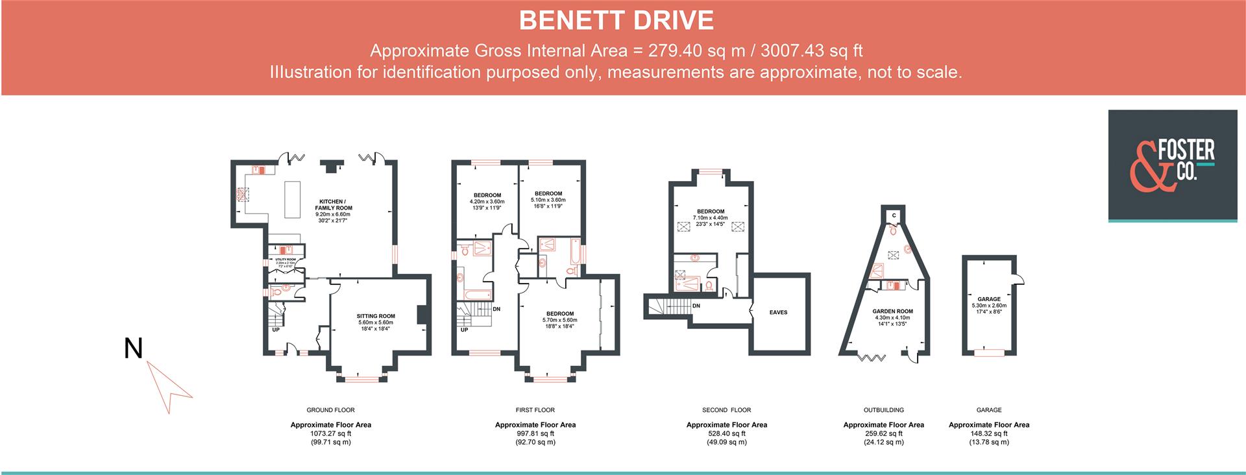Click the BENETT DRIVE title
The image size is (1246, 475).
click(616, 21)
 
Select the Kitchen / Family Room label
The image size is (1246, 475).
click(334, 204)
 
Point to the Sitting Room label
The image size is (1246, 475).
click(376, 317)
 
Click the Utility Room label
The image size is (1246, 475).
click(286, 260)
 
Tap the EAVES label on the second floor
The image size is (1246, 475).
click(778, 313)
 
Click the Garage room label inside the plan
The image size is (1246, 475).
click(989, 300)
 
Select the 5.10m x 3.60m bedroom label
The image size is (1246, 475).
click(548, 194)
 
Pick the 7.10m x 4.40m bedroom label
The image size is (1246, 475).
click(711, 212)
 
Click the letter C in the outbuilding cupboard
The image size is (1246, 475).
click(894, 215)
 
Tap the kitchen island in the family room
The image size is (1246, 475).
click(293, 200)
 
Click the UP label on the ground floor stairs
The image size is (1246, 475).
click(276, 330)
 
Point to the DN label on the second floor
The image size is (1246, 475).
click(696, 306)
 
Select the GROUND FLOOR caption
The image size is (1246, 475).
click(330, 410)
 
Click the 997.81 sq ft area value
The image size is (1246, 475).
click(535, 433)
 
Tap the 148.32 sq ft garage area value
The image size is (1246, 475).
click(988, 433)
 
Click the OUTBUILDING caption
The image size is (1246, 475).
click(883, 410)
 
